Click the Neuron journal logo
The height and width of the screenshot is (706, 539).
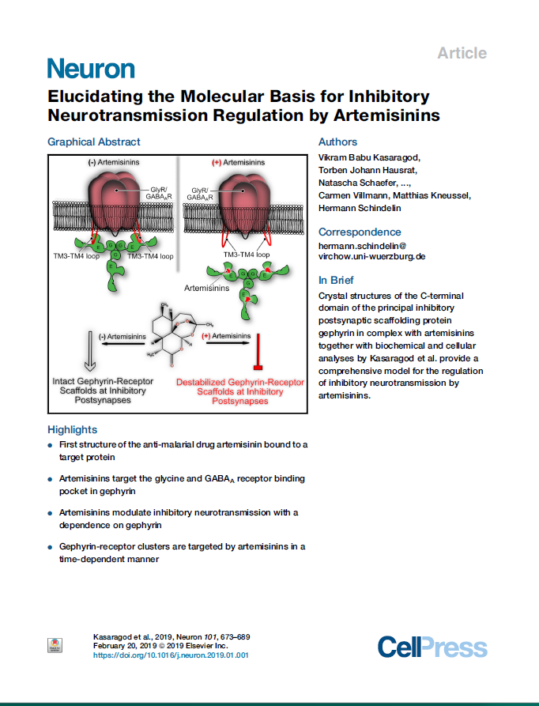click(91, 69)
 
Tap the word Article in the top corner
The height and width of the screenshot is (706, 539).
click(462, 53)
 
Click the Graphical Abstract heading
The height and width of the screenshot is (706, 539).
click(94, 142)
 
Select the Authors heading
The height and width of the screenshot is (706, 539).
click(337, 142)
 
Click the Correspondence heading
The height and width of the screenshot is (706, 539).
click(360, 232)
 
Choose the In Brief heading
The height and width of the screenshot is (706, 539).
click(336, 280)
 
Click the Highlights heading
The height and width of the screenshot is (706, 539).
click(73, 429)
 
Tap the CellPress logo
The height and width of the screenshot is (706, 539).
click(432, 647)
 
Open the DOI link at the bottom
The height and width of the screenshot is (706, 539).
click(171, 655)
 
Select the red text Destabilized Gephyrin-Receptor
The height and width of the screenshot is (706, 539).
click(239, 382)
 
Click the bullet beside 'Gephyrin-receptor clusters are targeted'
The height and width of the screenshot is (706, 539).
click(51, 547)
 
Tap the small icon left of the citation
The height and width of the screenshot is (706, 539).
click(55, 645)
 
